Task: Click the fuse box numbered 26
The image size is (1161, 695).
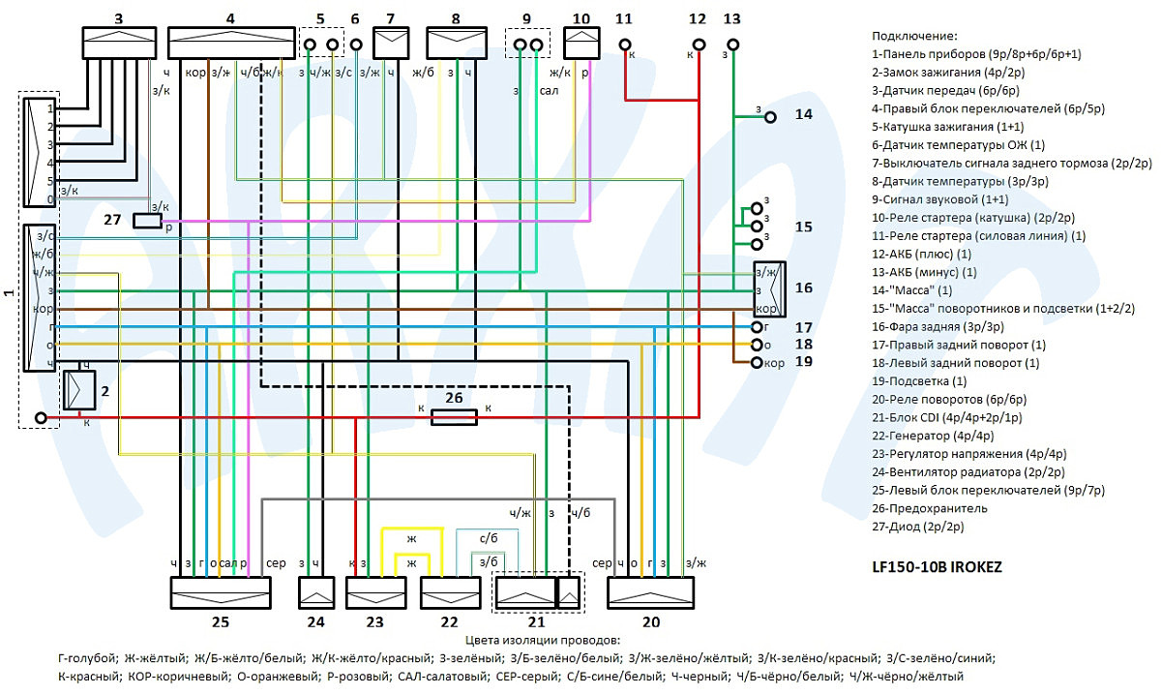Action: tap(454, 417)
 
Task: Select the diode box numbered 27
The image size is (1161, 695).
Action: tap(148, 221)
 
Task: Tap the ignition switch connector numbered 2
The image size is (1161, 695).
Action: tap(79, 390)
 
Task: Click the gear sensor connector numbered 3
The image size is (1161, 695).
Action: tap(119, 43)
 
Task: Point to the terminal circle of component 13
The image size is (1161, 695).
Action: tap(732, 45)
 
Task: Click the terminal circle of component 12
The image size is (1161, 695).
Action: tap(699, 45)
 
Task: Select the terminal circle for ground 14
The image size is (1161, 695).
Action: tap(770, 117)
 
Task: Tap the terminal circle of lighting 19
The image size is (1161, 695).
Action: tap(757, 363)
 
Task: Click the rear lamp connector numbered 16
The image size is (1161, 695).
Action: tap(770, 289)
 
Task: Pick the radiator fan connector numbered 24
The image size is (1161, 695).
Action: tap(316, 592)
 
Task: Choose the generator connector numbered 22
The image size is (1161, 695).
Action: tap(450, 592)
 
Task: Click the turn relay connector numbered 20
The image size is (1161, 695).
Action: tap(650, 592)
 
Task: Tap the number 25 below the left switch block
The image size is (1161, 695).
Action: tap(221, 621)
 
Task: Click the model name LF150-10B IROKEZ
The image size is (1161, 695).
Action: tap(937, 567)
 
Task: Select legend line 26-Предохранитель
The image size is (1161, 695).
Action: tap(930, 508)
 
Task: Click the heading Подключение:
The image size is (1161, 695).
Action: tap(914, 36)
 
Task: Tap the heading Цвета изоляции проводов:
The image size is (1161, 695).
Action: tap(543, 640)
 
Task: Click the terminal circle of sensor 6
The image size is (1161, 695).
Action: tap(356, 45)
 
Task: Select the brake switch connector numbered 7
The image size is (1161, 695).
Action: tap(391, 43)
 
